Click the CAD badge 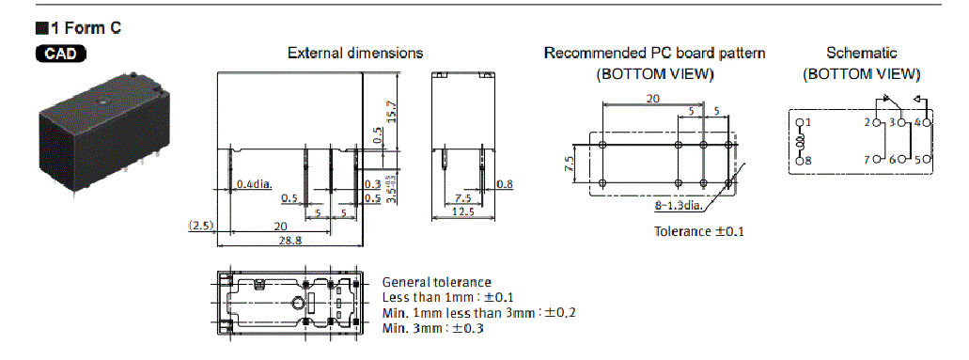pos(62,54)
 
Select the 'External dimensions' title pos(354,54)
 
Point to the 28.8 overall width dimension pos(289,242)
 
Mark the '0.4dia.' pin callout pos(255,183)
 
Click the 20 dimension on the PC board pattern pos(651,99)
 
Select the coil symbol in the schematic pos(802,142)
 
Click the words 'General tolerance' pos(435,282)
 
